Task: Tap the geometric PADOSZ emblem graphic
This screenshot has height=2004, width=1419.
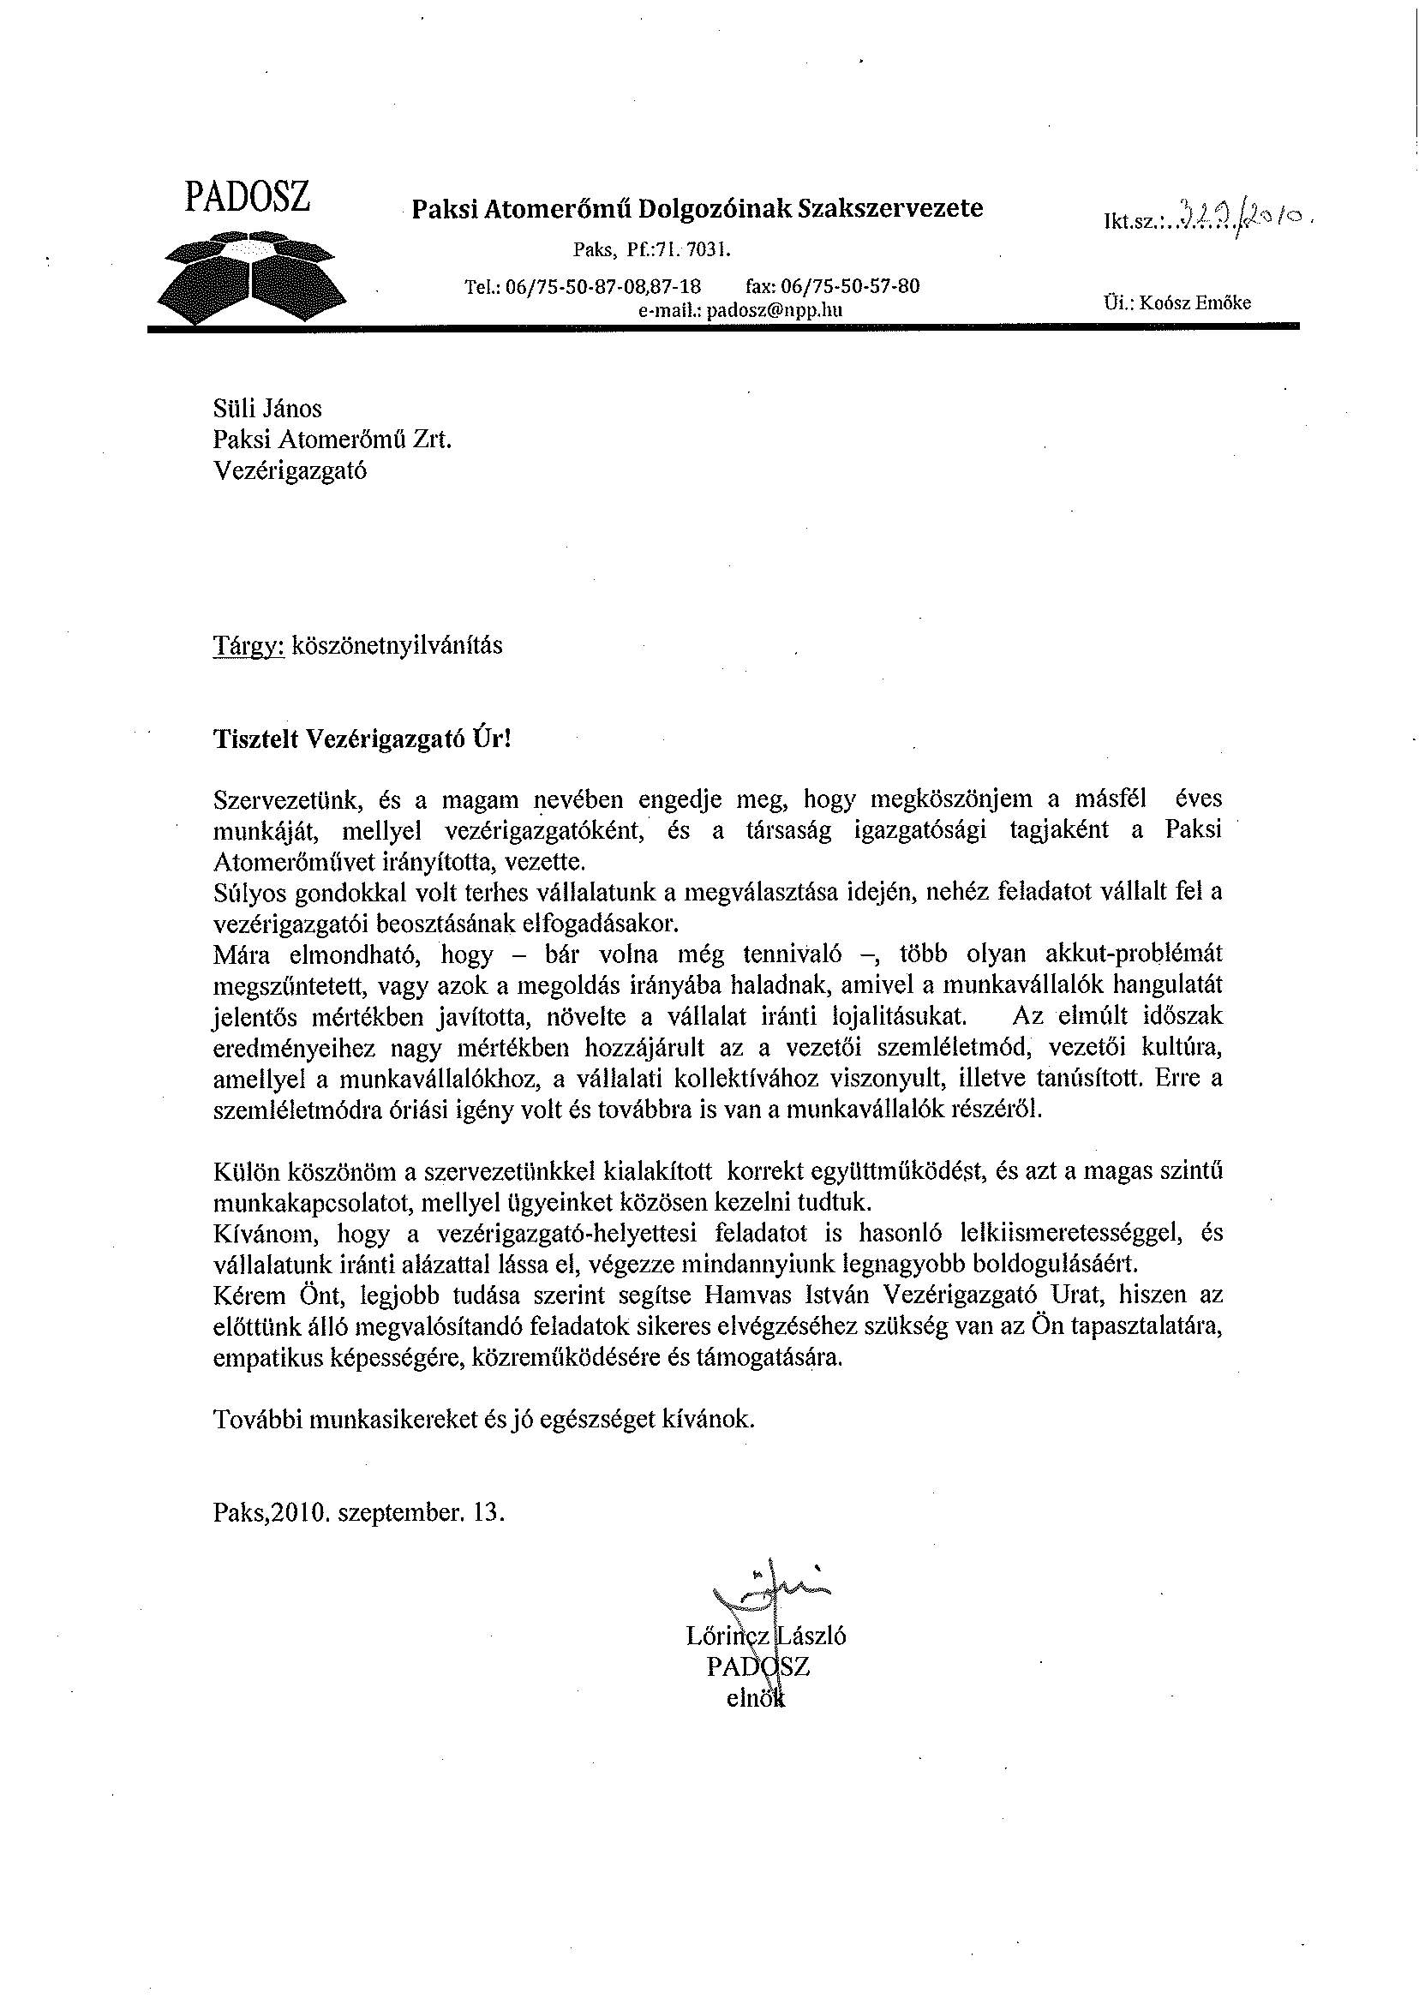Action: [x=252, y=277]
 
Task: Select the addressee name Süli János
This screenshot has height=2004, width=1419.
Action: [x=267, y=408]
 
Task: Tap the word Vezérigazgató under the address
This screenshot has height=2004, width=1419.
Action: [x=290, y=471]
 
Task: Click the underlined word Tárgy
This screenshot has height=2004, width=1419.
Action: [x=249, y=645]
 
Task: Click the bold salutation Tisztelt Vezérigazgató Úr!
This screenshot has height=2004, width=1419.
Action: [x=361, y=739]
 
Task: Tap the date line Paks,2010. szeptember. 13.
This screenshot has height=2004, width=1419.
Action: [x=359, y=1512]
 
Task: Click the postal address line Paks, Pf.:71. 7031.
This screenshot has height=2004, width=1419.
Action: [x=651, y=251]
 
